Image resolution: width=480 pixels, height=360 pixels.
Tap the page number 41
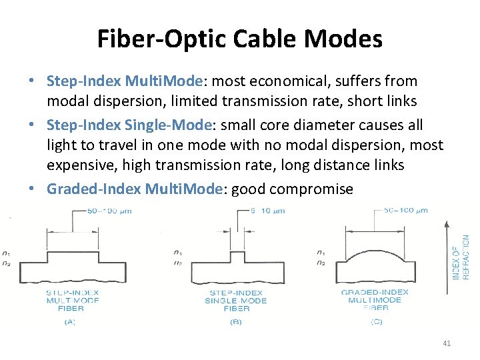(447, 343)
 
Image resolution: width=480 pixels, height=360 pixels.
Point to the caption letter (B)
(235, 321)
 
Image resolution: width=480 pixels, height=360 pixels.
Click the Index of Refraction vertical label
(461, 257)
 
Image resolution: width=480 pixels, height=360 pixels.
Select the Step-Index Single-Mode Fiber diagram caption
(235, 300)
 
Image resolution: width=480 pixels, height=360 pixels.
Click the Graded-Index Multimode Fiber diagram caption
(374, 300)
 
